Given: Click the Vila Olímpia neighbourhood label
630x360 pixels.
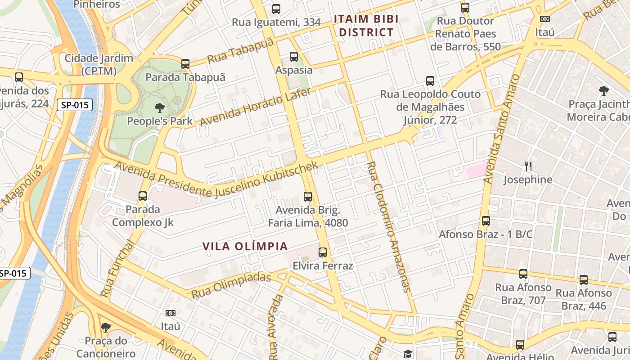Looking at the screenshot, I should [x=245, y=246].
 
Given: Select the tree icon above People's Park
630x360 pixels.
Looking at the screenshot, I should [x=159, y=108].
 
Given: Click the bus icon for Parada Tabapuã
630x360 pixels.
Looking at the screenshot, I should [x=185, y=64].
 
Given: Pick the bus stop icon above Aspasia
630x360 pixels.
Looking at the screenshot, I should [x=294, y=57].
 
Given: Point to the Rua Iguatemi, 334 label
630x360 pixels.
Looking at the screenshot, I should [x=276, y=22].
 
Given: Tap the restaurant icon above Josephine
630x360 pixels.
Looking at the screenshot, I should [x=528, y=166].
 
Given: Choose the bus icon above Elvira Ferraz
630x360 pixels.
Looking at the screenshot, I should [x=323, y=252].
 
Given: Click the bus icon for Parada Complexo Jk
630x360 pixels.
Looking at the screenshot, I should [x=143, y=196].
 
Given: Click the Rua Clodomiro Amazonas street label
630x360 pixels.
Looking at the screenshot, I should [x=388, y=227].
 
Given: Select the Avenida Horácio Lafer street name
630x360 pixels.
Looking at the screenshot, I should [x=255, y=107].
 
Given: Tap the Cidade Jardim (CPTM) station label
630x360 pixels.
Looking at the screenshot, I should [x=99, y=64].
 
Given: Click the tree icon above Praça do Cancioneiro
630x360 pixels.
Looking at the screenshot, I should [x=106, y=327].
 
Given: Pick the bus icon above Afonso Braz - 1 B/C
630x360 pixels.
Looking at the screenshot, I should [x=486, y=221].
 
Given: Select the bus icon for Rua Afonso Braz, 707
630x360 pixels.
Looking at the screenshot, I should [x=523, y=274].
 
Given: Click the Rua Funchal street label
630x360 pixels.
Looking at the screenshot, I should [x=117, y=269].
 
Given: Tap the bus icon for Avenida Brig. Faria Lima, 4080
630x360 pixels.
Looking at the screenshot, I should [x=308, y=197].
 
